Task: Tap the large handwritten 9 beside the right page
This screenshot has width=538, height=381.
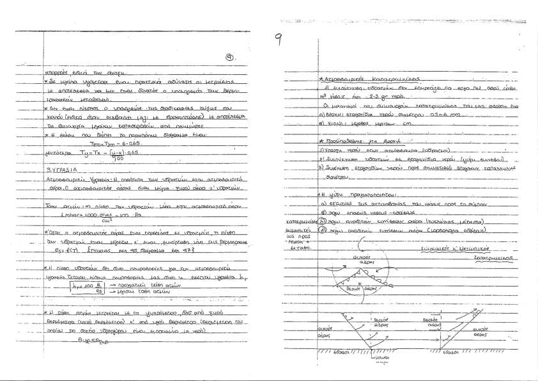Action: coord(279,42)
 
